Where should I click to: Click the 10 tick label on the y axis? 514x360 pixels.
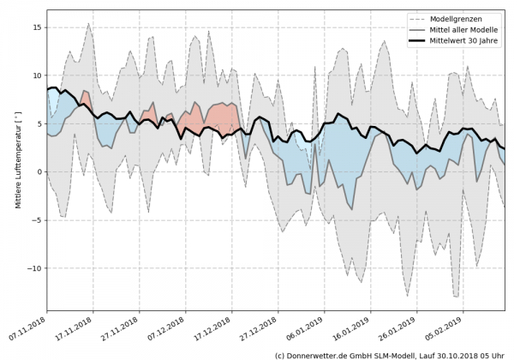(x=36, y=75)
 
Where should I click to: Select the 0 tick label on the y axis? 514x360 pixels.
(x=39, y=171)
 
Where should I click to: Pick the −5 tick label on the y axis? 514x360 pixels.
(x=36, y=219)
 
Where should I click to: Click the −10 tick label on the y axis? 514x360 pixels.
(x=33, y=267)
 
